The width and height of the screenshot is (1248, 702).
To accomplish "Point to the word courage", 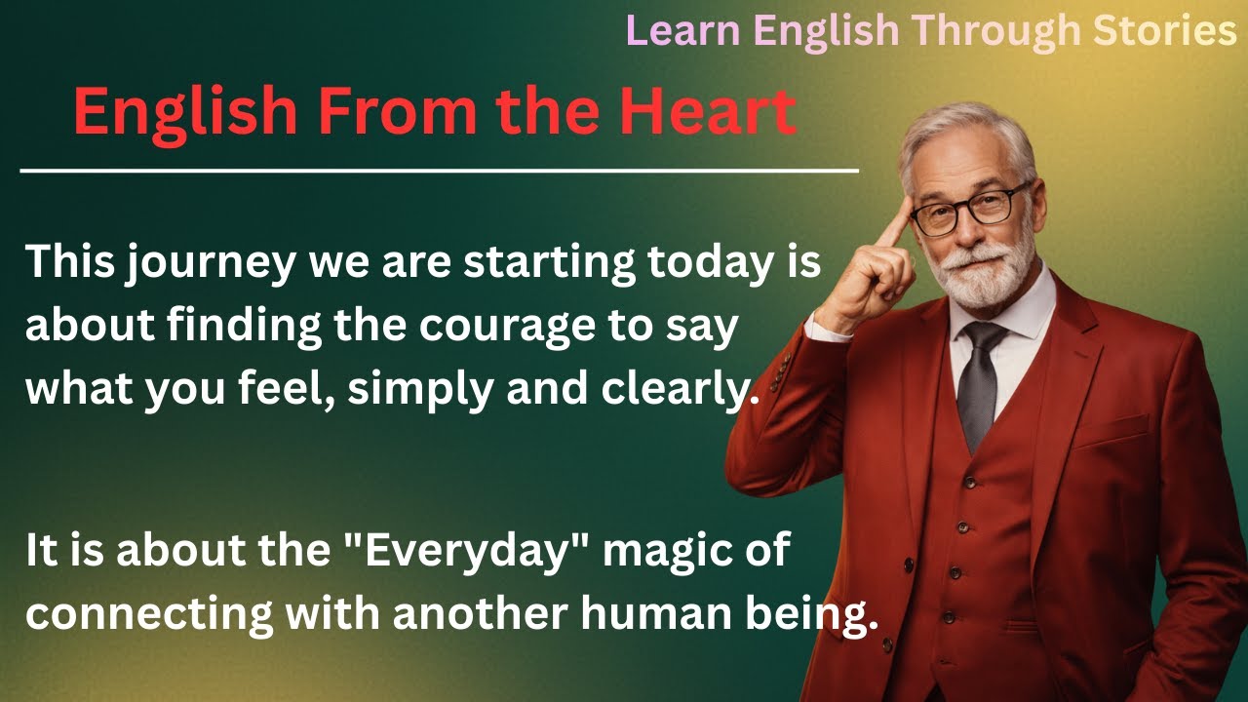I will (x=506, y=328).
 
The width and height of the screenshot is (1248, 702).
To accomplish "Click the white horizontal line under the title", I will (x=439, y=172).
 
